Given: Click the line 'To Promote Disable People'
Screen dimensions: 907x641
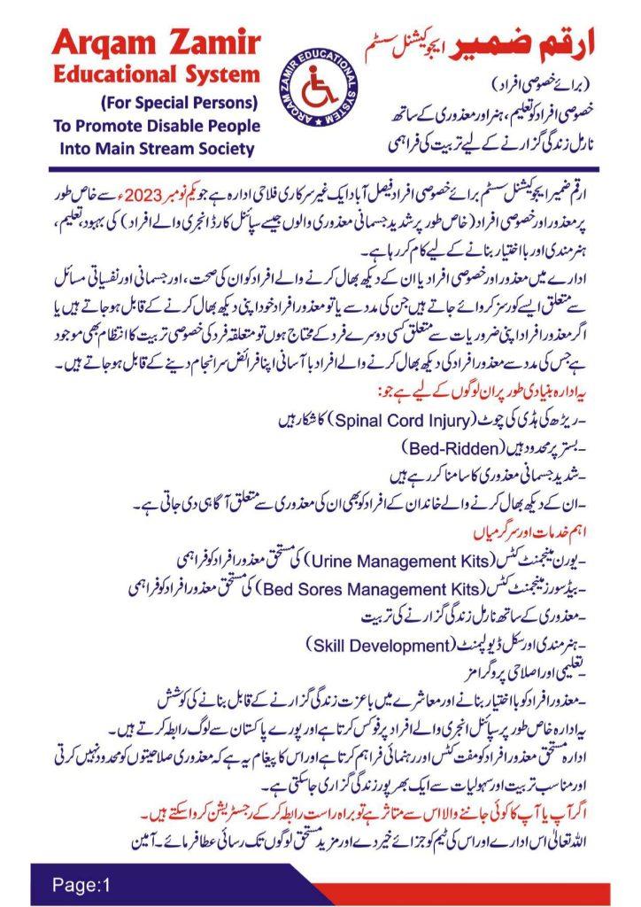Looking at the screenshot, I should tap(157, 124).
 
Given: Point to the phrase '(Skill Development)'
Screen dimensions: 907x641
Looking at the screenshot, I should tap(366, 640).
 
